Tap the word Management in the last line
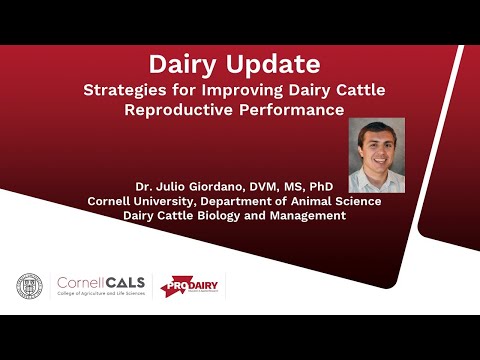308,215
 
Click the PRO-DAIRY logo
192,285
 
